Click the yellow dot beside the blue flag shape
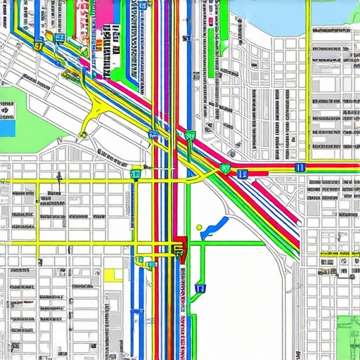pyautogui.click(x=200, y=227)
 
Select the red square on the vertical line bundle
pyautogui.click(x=181, y=245)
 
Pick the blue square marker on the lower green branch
pyautogui.click(x=200, y=288)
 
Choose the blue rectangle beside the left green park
pyautogui.click(x=7, y=129)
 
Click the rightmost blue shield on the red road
pyautogui.click(x=300, y=167)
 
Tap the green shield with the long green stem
pyautogui.click(x=190, y=136)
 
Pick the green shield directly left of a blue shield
pyautogui.click(x=225, y=169)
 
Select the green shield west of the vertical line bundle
pyautogui.click(x=136, y=173)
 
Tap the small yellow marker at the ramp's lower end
pyautogui.click(x=83, y=134)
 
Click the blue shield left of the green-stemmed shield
pyautogui.click(x=153, y=134)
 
